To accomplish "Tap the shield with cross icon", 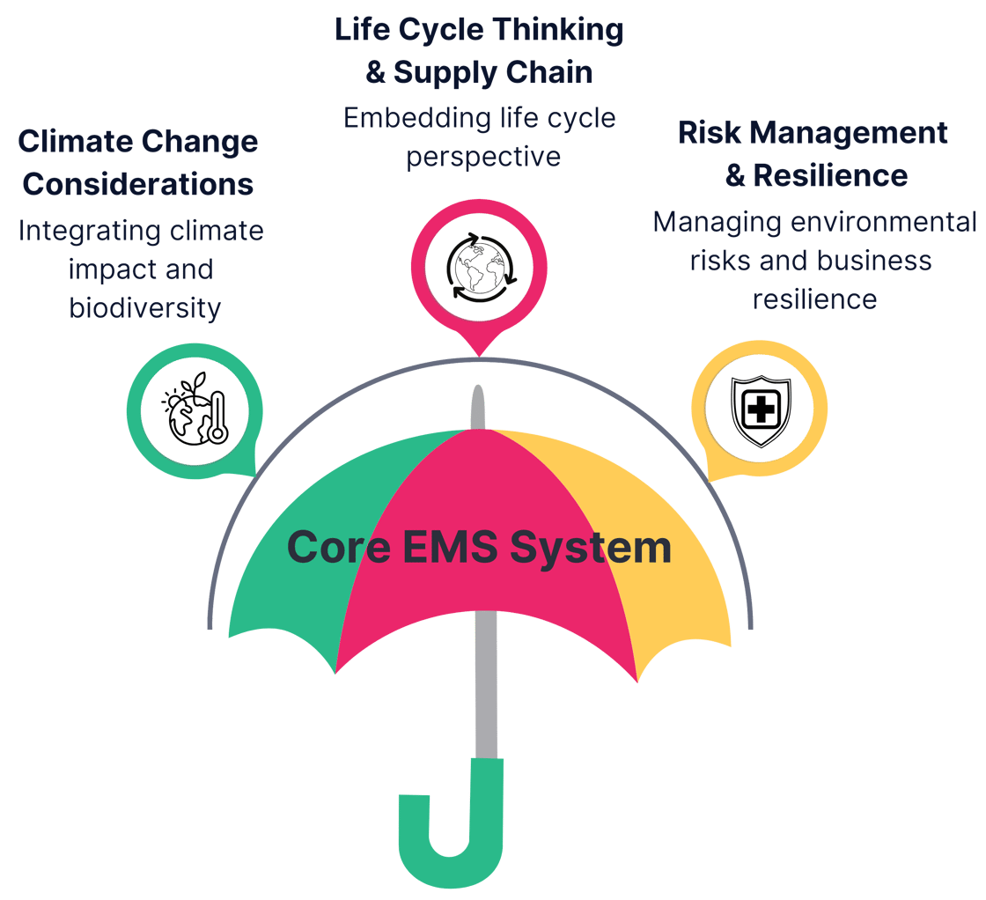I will pyautogui.click(x=761, y=409).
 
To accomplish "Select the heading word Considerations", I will pyautogui.click(x=138, y=185).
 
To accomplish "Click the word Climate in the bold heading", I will pyautogui.click(x=74, y=142).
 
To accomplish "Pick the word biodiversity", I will pyautogui.click(x=144, y=308).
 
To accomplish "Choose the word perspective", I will pyautogui.click(x=483, y=157).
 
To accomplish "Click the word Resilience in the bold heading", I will pyautogui.click(x=830, y=175).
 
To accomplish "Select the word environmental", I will pyautogui.click(x=884, y=222).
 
